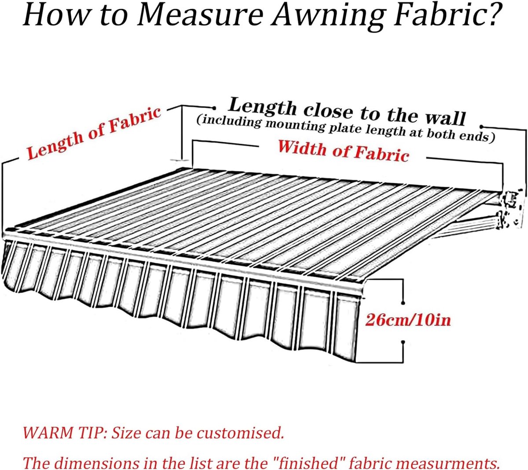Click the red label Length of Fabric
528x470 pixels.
point(94,133)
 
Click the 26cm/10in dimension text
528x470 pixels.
point(408,320)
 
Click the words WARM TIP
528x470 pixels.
point(65,433)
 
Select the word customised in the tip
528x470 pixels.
point(240,433)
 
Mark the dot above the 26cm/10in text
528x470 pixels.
point(403,303)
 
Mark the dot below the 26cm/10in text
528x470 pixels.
point(403,342)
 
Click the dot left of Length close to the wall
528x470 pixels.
point(214,108)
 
